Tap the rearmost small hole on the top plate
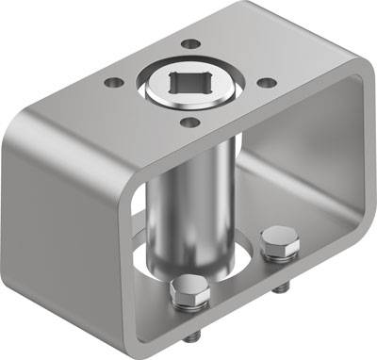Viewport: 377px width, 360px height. pyautogui.click(x=191, y=44)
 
